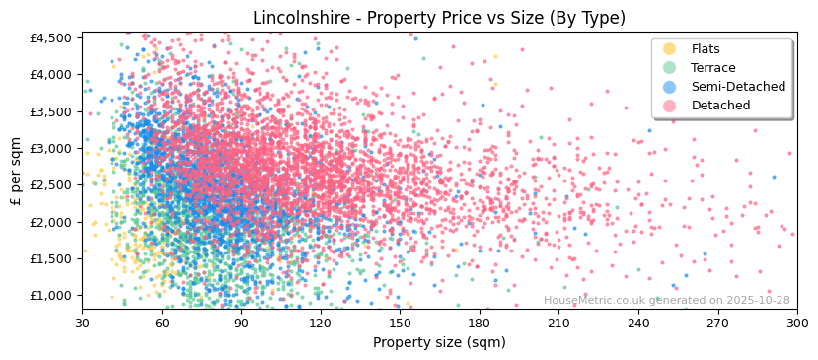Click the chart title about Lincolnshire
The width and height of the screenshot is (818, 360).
(439, 18)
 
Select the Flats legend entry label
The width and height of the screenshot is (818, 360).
(706, 49)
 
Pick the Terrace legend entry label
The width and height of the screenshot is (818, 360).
(713, 68)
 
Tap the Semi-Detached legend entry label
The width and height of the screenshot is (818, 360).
(738, 87)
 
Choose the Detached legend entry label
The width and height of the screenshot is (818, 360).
(720, 106)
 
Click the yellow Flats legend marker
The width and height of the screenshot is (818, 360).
(670, 49)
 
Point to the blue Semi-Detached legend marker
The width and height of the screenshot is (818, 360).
(670, 87)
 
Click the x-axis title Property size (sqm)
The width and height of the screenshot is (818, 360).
(439, 343)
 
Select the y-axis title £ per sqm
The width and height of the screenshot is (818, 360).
(16, 173)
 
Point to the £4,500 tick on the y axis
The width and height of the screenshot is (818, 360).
(52, 37)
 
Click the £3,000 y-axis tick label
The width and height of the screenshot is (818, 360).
(52, 148)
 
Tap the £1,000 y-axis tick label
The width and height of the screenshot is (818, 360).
(52, 296)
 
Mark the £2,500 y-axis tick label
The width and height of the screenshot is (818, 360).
(52, 185)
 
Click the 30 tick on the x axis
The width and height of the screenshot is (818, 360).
(82, 323)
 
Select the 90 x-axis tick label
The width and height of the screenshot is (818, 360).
(241, 323)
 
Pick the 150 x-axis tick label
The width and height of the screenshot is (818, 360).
(400, 323)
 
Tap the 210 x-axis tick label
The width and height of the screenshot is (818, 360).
(558, 323)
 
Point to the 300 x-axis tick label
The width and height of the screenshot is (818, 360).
(796, 323)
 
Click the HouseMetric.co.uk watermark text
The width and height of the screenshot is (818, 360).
(666, 301)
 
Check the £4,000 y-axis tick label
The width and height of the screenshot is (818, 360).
(52, 74)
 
